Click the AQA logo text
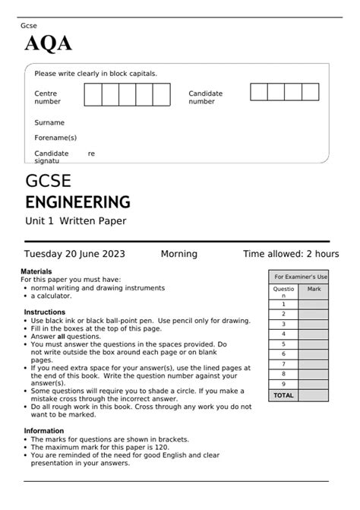[49, 45]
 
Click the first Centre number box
[93, 95]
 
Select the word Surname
[49, 122]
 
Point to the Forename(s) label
[55, 138]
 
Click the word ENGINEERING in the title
[77, 202]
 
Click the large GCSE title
[48, 182]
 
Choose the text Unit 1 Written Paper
[75, 221]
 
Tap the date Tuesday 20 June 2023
[74, 254]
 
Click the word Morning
[178, 254]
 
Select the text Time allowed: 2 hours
[291, 254]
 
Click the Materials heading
[38, 271]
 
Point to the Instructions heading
[44, 312]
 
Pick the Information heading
[43, 430]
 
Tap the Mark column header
[314, 290]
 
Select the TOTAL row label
[283, 395]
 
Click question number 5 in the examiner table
[283, 344]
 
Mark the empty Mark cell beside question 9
[314, 385]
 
